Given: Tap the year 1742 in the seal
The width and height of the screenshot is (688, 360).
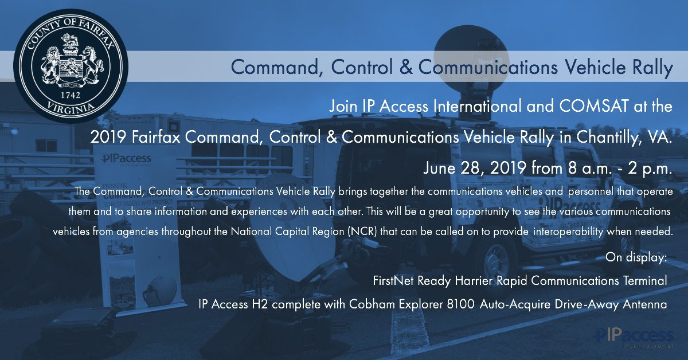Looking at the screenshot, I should click(71, 93).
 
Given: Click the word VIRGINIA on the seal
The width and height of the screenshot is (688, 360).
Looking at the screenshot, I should click(71, 106).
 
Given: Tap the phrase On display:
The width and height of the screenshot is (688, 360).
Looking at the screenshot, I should click(636, 257).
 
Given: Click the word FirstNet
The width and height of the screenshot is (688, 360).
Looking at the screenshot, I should click(393, 281).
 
